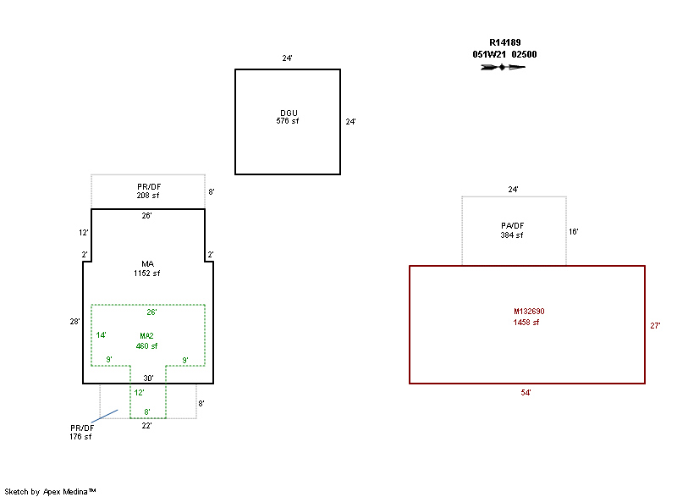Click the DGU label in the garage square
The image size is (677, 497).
[289, 113]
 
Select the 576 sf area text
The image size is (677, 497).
[288, 121]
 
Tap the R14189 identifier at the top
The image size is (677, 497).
[504, 42]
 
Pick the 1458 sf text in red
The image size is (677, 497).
[526, 323]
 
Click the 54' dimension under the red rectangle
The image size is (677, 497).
[527, 393]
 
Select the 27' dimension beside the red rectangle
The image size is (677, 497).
[654, 325]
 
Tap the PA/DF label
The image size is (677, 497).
[513, 225]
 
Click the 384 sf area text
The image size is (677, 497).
[513, 235]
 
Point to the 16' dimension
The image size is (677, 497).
[573, 231]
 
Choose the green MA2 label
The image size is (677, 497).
[147, 337]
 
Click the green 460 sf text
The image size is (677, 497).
[147, 345]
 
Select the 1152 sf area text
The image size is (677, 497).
[147, 273]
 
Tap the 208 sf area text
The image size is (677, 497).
[148, 196]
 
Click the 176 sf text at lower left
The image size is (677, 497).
[81, 437]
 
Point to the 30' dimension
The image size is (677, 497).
[148, 378]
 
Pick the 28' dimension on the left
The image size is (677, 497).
[75, 322]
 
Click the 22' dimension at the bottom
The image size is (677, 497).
[147, 426]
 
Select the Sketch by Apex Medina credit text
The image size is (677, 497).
[50, 491]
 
